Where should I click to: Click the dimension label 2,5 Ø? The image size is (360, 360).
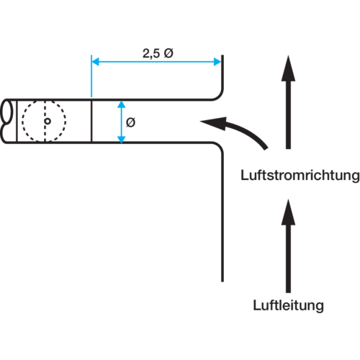(x=158, y=53)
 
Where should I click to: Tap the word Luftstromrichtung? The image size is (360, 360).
(x=300, y=176)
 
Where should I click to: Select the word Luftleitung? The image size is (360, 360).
(x=288, y=305)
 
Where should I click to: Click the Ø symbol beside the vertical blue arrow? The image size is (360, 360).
(x=130, y=122)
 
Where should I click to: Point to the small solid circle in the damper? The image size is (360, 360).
(x=48, y=121)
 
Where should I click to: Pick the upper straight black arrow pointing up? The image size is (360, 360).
(x=288, y=102)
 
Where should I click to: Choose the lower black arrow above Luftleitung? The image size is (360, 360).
(x=288, y=246)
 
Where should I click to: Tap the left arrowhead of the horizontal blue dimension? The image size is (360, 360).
(x=95, y=62)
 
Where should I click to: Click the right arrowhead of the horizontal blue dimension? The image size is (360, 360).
(x=217, y=62)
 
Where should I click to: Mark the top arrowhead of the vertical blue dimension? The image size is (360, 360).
(x=122, y=104)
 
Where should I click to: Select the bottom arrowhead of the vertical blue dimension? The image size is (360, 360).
(x=122, y=140)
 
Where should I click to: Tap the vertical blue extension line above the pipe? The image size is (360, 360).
(x=91, y=76)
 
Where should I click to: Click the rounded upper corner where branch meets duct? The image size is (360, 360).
(x=219, y=96)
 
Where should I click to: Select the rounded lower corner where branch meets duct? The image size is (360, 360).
(x=220, y=146)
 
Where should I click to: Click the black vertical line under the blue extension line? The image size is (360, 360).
(x=91, y=121)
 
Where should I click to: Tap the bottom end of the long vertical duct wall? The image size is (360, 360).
(x=222, y=282)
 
